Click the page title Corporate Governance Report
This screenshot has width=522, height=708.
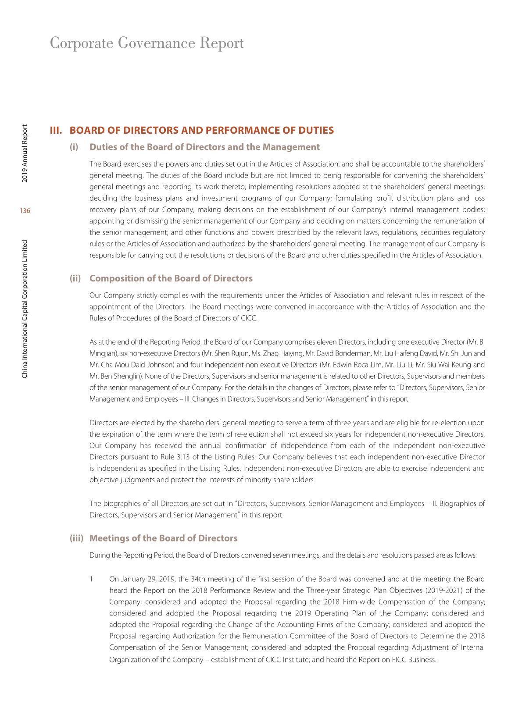[147, 43]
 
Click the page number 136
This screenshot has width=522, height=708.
[25, 211]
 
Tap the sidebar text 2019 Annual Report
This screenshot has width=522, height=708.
[25, 153]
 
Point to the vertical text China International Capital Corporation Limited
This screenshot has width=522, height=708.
[25, 309]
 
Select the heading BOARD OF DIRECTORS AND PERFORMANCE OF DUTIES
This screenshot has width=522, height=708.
[202, 130]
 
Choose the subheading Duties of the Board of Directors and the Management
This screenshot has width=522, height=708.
[204, 147]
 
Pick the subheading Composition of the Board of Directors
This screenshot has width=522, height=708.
[171, 278]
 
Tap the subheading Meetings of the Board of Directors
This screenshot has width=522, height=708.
[163, 538]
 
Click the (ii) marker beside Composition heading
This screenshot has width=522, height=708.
[75, 278]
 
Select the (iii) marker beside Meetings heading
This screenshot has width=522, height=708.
[76, 538]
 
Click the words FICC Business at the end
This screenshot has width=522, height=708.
[415, 659]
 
